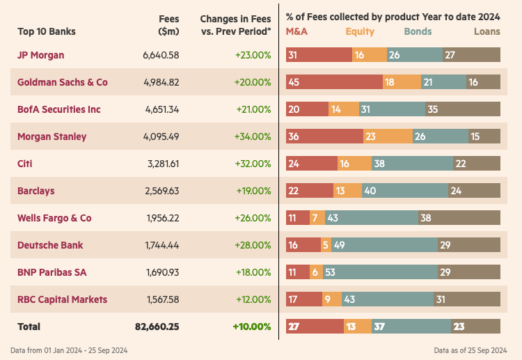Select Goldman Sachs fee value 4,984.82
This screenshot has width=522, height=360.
click(x=162, y=82)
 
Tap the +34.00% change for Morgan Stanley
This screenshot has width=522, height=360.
click(x=253, y=136)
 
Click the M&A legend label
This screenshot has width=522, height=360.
click(x=296, y=31)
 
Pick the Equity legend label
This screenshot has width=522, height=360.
click(x=360, y=31)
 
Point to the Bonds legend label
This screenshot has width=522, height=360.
click(x=418, y=31)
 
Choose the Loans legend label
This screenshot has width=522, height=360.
click(x=487, y=31)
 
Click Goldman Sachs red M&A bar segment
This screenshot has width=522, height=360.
click(x=334, y=82)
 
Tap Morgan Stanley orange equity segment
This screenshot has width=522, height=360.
click(x=388, y=136)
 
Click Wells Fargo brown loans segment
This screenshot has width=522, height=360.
click(x=459, y=218)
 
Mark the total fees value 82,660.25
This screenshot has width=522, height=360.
click(x=157, y=327)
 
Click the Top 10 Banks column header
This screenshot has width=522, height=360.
click(x=47, y=31)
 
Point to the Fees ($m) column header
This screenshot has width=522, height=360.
click(x=168, y=25)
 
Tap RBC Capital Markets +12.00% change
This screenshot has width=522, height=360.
click(x=253, y=299)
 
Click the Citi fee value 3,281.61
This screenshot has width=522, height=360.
click(x=162, y=164)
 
